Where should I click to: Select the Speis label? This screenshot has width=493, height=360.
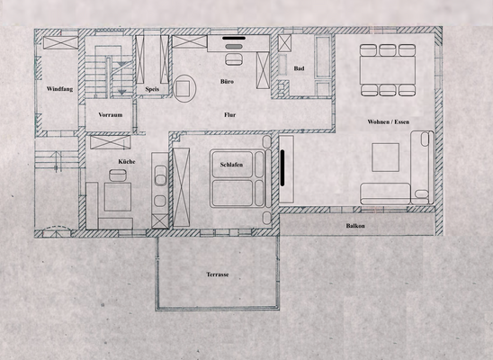151,89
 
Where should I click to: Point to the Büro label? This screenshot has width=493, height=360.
228,82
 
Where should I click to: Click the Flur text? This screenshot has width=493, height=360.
229,115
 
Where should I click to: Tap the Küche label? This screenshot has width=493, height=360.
127,162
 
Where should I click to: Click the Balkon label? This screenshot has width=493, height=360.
354,226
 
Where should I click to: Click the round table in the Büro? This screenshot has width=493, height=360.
185,88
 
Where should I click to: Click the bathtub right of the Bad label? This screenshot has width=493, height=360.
321,61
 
